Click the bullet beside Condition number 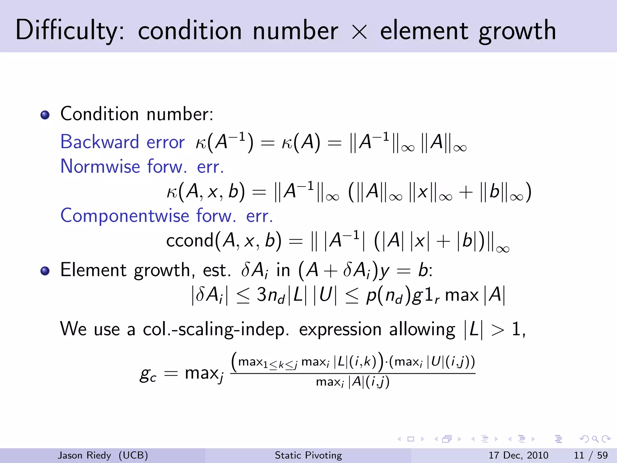[45, 115]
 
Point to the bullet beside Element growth [45, 271]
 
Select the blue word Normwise [100, 166]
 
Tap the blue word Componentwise [125, 216]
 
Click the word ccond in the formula [190, 241]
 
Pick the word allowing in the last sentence [422, 329]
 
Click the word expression [340, 329]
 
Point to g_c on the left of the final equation [148, 375]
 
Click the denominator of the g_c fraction [352, 382]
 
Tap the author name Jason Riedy [84, 455]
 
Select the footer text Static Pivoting [308, 455]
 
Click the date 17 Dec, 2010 [518, 455]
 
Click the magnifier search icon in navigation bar [595, 439]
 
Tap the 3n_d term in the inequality [270, 295]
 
